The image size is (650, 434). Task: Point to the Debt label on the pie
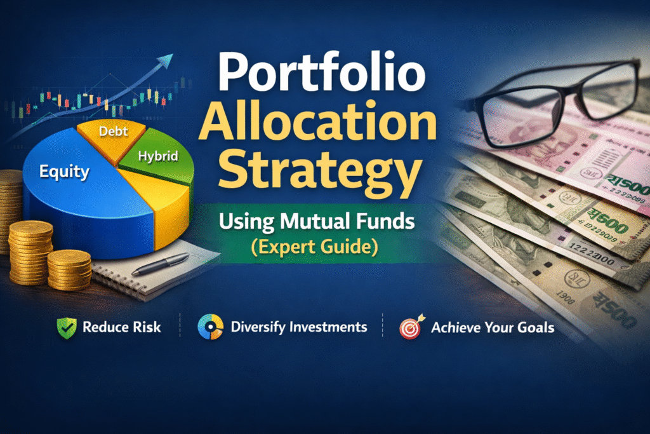click(x=114, y=132)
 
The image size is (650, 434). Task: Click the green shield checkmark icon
click(x=65, y=328)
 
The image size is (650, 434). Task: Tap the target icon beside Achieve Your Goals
click(x=410, y=328)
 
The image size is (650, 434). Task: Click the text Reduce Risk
click(x=122, y=328)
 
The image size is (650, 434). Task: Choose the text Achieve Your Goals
click(x=493, y=328)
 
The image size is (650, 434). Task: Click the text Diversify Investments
click(x=299, y=328)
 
